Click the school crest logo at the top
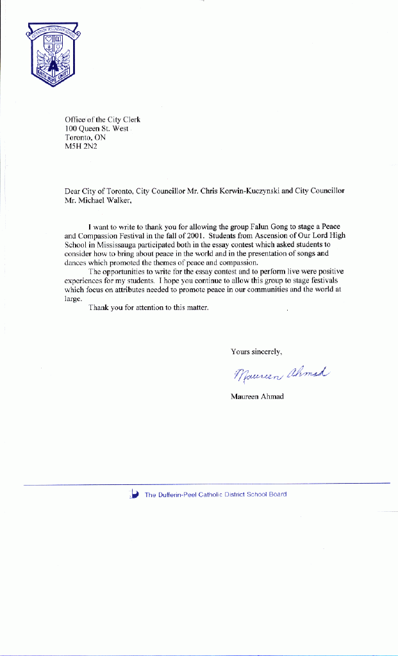point(53,54)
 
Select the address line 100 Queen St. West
point(97,128)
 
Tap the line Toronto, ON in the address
point(85,137)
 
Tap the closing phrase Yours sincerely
point(256,351)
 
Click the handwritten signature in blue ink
point(281,373)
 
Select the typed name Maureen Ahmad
point(257,396)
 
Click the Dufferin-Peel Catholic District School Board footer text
point(215,494)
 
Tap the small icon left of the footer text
point(135,493)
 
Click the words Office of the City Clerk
point(103,119)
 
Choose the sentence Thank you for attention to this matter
point(149,307)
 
